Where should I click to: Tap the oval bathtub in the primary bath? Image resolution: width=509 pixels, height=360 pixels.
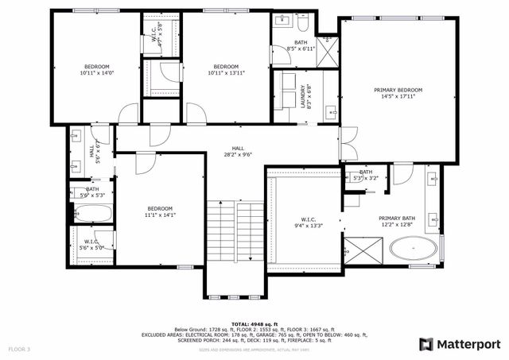pyautogui.click(x=413, y=250)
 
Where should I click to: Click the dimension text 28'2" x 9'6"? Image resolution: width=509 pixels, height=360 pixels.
pyautogui.click(x=238, y=155)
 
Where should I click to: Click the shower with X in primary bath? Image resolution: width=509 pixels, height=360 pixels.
pyautogui.click(x=363, y=255)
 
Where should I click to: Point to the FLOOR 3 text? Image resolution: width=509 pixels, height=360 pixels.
pyautogui.click(x=19, y=349)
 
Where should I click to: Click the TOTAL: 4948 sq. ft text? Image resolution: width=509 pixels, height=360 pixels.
pyautogui.click(x=254, y=323)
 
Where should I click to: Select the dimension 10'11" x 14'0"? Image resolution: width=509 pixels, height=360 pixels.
pyautogui.click(x=96, y=72)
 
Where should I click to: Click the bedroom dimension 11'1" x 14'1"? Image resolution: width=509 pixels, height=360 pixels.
pyautogui.click(x=159, y=215)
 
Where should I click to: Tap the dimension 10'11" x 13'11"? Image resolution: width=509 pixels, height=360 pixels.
pyautogui.click(x=226, y=72)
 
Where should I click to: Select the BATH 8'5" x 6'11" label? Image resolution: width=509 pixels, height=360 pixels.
pyautogui.click(x=301, y=45)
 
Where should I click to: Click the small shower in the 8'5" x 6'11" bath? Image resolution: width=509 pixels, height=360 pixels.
pyautogui.click(x=327, y=45)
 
